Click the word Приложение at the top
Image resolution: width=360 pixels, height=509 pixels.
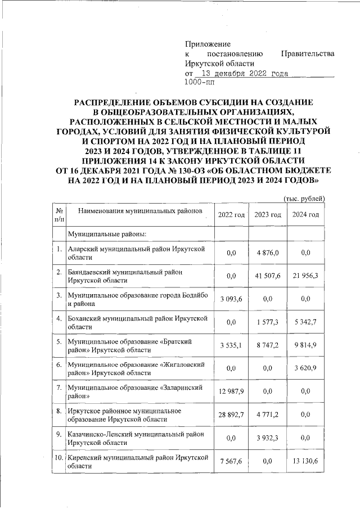(x=208, y=44)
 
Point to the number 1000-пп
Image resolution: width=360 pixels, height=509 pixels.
(x=199, y=83)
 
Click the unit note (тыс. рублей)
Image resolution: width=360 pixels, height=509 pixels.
(x=304, y=198)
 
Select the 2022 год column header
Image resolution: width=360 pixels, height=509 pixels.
(x=231, y=215)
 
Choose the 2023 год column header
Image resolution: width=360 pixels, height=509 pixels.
(x=268, y=215)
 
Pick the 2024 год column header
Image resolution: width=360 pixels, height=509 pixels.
(x=305, y=215)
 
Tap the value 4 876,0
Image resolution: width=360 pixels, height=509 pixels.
(x=268, y=253)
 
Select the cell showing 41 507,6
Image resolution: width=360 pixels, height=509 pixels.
(x=268, y=276)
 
